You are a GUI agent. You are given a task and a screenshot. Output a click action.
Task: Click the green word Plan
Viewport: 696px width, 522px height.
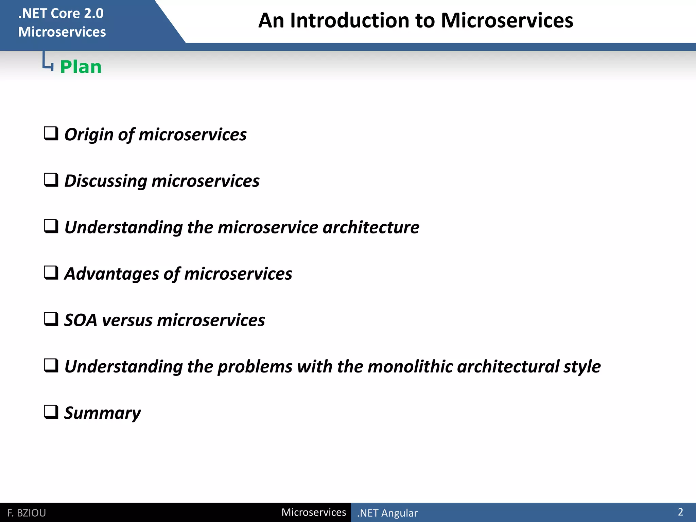click(x=81, y=67)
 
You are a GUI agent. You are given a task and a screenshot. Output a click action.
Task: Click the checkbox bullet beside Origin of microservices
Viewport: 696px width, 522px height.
click(x=51, y=134)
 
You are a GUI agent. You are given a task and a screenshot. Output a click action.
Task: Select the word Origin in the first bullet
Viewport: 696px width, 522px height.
click(x=89, y=135)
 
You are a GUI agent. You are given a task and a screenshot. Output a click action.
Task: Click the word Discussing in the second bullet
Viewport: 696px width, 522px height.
click(x=105, y=181)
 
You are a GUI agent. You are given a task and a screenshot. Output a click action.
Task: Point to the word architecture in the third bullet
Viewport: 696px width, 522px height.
click(x=371, y=227)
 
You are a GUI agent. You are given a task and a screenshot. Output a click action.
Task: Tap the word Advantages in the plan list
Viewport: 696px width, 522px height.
click(x=111, y=274)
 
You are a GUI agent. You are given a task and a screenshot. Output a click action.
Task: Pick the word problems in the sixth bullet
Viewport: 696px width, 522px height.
click(x=255, y=367)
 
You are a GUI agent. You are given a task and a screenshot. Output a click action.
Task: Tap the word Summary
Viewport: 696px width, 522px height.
click(x=102, y=413)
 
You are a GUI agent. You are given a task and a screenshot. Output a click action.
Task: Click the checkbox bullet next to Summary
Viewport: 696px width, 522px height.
click(x=51, y=412)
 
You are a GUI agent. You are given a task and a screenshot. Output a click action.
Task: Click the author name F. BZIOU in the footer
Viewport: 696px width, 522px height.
click(x=27, y=513)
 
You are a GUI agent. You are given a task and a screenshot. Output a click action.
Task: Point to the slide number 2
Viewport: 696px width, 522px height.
click(x=680, y=512)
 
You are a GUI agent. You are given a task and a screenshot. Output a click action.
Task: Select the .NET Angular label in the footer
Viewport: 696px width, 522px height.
click(x=387, y=513)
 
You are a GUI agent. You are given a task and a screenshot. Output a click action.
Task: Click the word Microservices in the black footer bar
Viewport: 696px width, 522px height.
click(x=313, y=512)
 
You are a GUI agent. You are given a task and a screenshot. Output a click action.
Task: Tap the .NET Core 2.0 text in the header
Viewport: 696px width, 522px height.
click(x=60, y=14)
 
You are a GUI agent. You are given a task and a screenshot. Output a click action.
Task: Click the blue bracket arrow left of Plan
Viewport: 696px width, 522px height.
click(x=48, y=62)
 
